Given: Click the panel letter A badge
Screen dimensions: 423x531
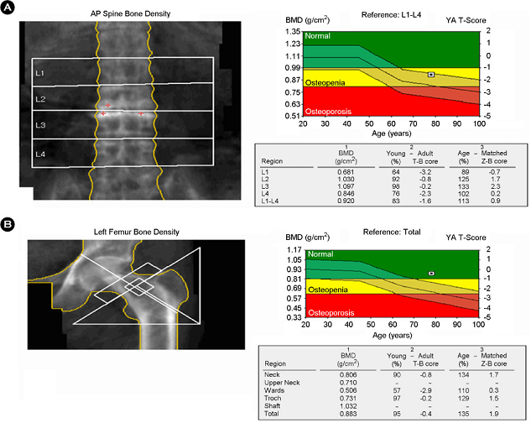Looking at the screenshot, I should [8, 8].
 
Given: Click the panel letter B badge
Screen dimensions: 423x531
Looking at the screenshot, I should [8, 225].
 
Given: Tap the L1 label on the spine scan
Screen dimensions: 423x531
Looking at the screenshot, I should [40, 74].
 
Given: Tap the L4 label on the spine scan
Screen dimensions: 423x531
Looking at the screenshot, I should [40, 154].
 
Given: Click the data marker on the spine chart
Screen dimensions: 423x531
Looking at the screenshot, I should [431, 75].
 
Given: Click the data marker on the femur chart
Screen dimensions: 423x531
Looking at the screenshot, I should [431, 273].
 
